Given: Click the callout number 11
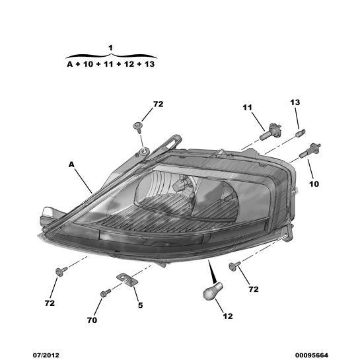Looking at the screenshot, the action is [x=247, y=107].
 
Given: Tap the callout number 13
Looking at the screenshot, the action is [x=295, y=102].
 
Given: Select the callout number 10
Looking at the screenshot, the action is [x=314, y=184].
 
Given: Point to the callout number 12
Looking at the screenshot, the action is [x=228, y=316].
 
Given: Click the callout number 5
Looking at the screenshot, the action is [x=140, y=305].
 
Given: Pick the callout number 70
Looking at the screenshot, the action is [x=92, y=320].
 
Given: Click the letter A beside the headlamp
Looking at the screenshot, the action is [x=71, y=164].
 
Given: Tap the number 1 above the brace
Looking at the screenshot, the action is [x=111, y=48].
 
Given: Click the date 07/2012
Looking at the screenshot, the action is [x=46, y=355].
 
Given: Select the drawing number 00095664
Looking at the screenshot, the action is [x=312, y=355].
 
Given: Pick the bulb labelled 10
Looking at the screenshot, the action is [x=310, y=150].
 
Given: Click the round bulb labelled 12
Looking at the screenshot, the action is [x=213, y=291].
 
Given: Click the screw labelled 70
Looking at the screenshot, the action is [x=106, y=293].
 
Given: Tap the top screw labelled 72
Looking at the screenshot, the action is [x=138, y=127].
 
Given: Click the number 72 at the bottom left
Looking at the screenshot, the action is [x=50, y=303].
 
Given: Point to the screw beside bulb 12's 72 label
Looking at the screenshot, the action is [x=234, y=266].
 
